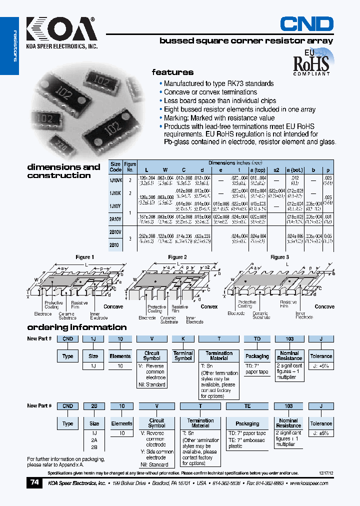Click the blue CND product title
point(306,23)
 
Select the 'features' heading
point(172,72)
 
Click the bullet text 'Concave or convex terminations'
point(210,92)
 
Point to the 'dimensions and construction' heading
point(63,171)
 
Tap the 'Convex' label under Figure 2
point(209,306)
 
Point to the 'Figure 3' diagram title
point(279,257)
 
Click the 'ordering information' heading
point(76,327)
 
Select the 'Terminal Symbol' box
point(183,355)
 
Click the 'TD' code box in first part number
point(257,339)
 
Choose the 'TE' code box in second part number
point(247,406)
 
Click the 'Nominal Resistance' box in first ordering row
point(289,355)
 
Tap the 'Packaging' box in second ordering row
point(247,423)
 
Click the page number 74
point(34,482)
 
